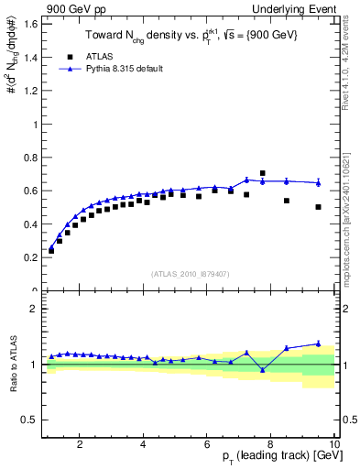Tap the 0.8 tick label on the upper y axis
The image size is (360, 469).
coord(32,158)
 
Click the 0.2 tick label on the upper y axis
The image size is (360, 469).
coord(32,257)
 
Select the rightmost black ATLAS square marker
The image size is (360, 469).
coord(318,207)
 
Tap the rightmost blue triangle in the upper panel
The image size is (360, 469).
coord(318,182)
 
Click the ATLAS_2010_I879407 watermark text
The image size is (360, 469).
coord(189,274)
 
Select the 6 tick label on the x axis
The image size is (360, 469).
coord(208,444)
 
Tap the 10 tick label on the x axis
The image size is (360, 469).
coord(334,444)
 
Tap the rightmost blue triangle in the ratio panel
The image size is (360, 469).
coord(318,344)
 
